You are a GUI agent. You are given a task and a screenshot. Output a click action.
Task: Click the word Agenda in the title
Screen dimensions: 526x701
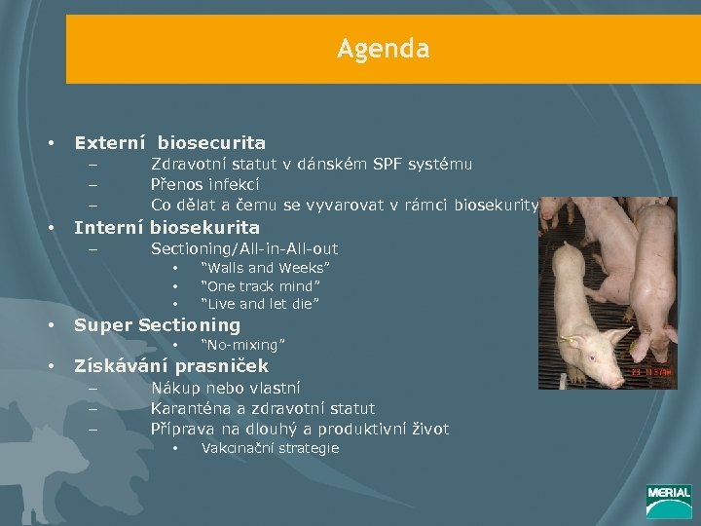(383, 48)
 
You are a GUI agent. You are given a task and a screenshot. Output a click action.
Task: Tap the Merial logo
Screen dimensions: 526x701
(668, 502)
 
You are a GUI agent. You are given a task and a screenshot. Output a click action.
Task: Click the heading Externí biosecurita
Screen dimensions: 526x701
(169, 142)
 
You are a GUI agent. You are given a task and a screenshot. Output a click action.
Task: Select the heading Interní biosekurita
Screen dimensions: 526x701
(166, 227)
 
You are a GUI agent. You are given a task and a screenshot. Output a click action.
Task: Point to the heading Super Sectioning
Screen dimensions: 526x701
(157, 324)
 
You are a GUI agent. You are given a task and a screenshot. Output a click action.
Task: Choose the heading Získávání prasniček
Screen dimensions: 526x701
(171, 366)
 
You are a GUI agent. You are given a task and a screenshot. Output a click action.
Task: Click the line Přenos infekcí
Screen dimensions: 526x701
(204, 183)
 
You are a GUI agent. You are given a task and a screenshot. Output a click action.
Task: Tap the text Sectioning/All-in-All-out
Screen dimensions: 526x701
(244, 249)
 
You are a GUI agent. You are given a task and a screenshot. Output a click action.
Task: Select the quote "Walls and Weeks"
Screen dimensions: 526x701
(265, 267)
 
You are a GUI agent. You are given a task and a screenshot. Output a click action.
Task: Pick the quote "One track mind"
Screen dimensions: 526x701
(260, 285)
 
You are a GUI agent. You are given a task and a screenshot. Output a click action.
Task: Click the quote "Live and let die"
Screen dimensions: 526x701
(260, 304)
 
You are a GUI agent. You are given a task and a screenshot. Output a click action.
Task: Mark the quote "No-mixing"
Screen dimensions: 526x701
(242, 345)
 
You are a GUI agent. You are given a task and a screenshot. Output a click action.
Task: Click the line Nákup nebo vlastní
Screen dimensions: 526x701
(225, 388)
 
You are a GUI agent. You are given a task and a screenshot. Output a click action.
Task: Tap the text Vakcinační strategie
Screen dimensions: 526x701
(270, 448)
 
